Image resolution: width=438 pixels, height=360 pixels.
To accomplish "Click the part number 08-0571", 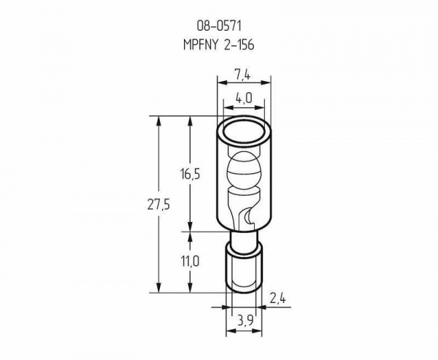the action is click(219, 26).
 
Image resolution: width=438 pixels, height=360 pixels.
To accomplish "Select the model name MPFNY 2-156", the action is click(219, 45).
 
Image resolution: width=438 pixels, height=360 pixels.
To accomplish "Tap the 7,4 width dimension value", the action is click(242, 75).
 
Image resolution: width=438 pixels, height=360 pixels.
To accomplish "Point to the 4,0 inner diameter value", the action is click(244, 98).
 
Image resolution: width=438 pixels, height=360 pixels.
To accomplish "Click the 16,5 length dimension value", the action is click(190, 174).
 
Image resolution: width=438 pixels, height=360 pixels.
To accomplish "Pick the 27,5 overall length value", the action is click(158, 205).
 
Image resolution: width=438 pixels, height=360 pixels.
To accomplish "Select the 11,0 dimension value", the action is click(190, 261).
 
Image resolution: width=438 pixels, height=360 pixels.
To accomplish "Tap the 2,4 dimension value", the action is click(277, 299).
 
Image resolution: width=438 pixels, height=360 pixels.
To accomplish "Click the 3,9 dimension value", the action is click(245, 321).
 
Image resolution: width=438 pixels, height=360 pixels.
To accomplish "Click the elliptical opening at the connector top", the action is click(244, 132).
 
